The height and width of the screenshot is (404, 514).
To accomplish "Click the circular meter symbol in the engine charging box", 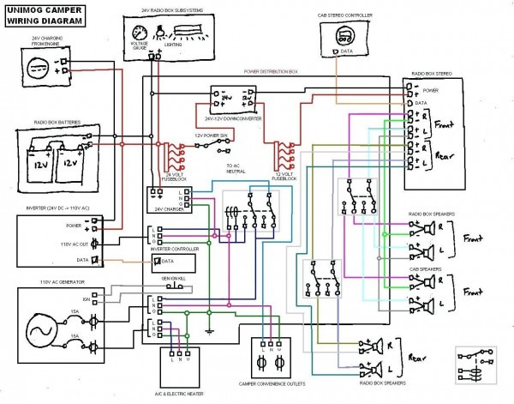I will pyautogui.click(x=35, y=69).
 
